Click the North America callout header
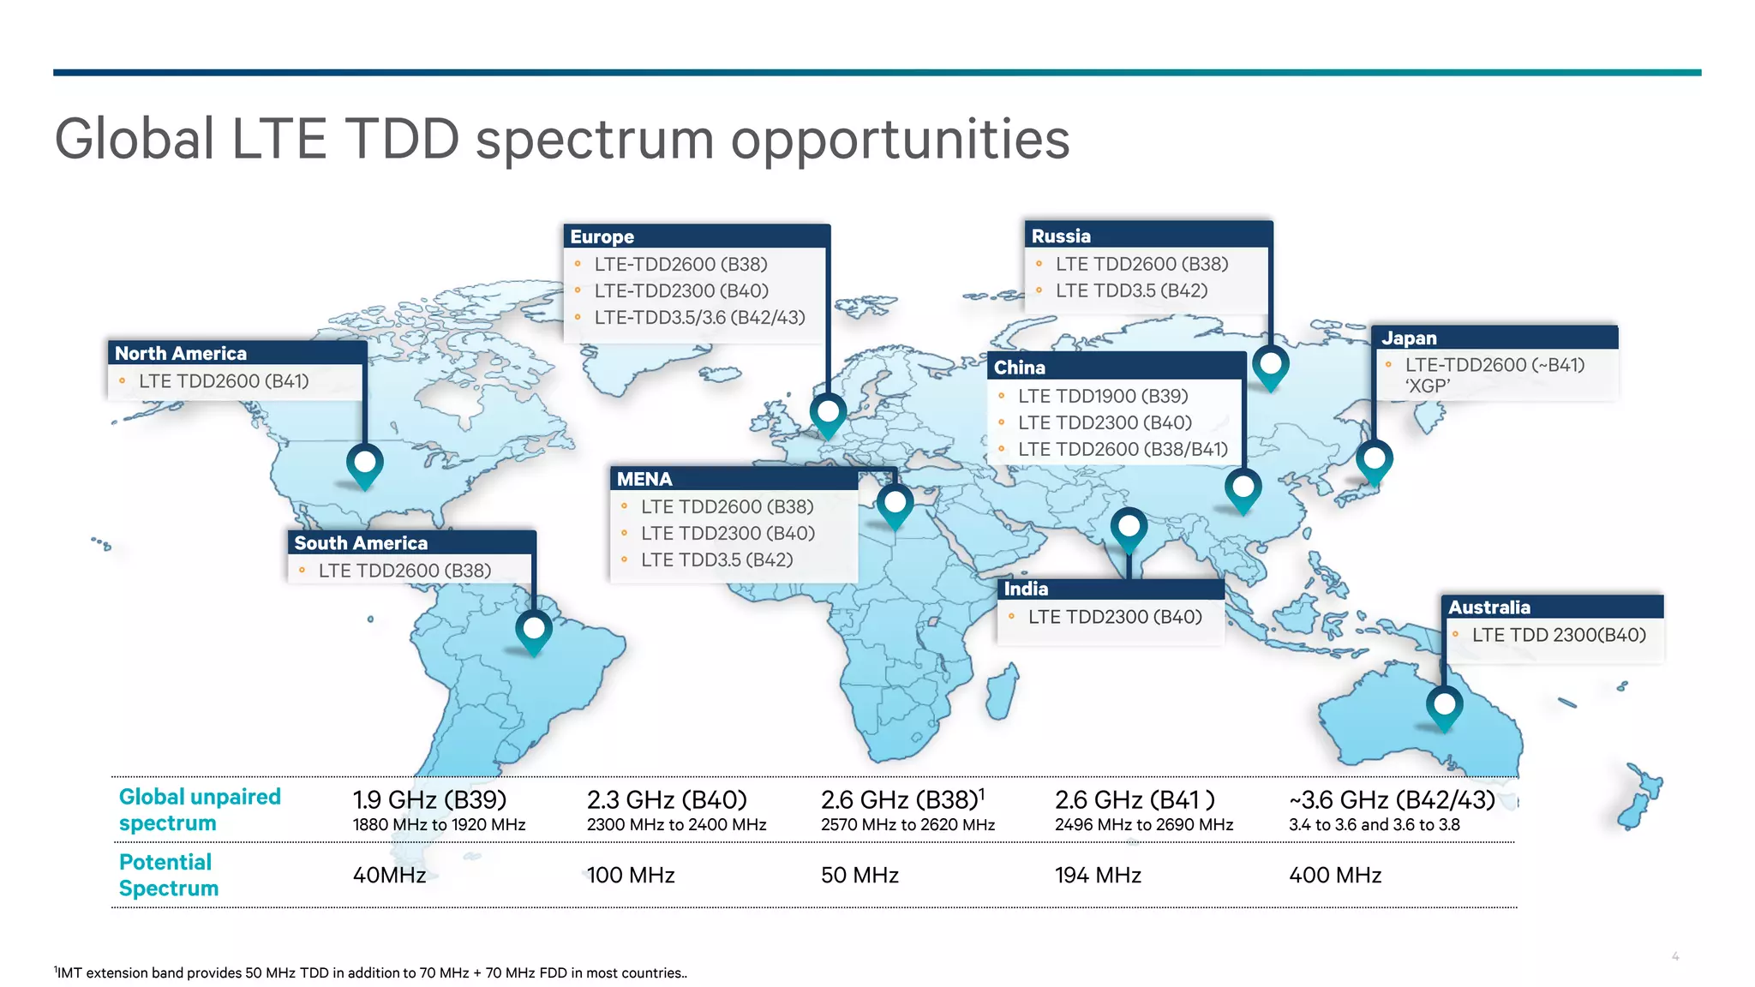click(237, 353)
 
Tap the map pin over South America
click(534, 631)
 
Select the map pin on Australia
click(1444, 706)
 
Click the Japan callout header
click(1494, 338)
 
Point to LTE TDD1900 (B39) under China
click(1102, 396)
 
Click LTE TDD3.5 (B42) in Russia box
click(1130, 290)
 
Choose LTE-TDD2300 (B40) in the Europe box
click(680, 290)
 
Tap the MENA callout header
click(734, 479)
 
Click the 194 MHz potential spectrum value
click(1097, 875)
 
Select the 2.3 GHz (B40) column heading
click(667, 799)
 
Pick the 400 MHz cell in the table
click(1334, 875)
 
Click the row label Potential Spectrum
click(168, 875)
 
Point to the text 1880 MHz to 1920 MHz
click(439, 825)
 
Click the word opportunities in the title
click(900, 139)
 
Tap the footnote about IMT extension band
click(370, 972)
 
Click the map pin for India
click(1129, 526)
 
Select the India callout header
click(1111, 589)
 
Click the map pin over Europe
click(828, 413)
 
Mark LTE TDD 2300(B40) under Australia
click(1558, 635)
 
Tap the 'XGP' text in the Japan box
click(1427, 386)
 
